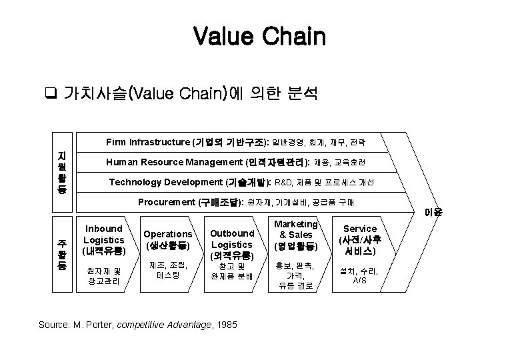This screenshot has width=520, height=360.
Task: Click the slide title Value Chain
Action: click(x=259, y=36)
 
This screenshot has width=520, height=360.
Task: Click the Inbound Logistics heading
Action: click(x=103, y=240)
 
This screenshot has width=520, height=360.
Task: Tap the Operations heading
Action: click(x=168, y=239)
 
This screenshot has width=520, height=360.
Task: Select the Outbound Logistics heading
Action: click(x=232, y=244)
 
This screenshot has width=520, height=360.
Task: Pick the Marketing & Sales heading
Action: click(x=296, y=235)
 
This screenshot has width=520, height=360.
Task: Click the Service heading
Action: click(x=359, y=241)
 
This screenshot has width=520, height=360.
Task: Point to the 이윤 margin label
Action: click(x=433, y=213)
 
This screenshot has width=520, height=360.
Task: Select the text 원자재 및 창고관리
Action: click(x=103, y=275)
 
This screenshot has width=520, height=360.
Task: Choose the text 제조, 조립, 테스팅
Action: click(x=168, y=270)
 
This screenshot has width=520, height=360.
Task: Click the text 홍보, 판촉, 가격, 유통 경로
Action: click(x=296, y=275)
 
